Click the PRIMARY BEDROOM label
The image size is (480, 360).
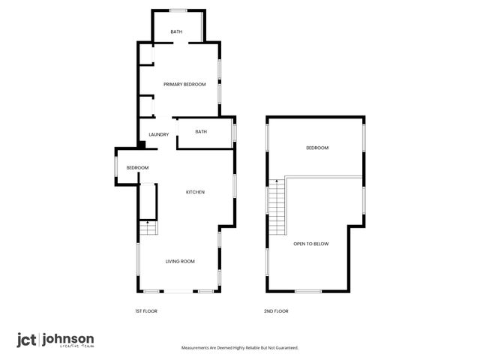tap(184, 84)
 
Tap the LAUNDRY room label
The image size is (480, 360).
tap(158, 135)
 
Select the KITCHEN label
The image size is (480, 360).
tap(195, 193)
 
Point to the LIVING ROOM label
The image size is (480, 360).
tap(180, 261)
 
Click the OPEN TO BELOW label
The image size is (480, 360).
tap(310, 244)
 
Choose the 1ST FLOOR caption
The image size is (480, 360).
tap(145, 310)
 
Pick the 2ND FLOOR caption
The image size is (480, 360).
tap(276, 310)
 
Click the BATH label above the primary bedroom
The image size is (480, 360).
tap(176, 31)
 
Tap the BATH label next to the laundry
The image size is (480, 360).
tap(201, 132)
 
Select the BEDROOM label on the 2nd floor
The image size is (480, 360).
tap(317, 148)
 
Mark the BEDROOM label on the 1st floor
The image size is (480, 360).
tap(137, 167)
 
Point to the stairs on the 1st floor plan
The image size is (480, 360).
tap(148, 229)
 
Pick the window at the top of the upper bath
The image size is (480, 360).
tap(178, 10)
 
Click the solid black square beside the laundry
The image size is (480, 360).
tap(142, 145)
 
